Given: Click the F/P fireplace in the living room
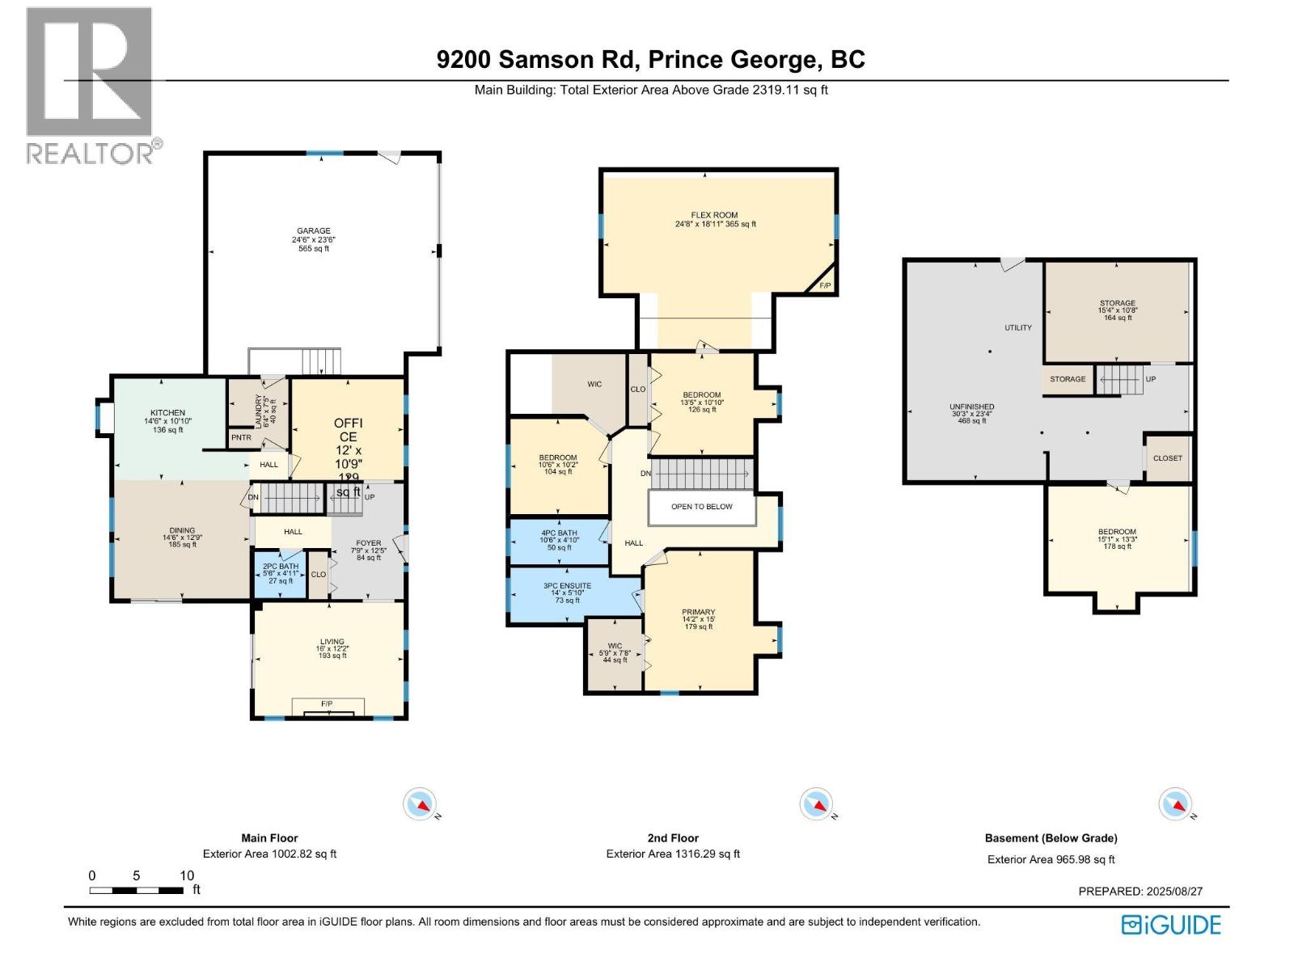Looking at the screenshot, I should [327, 705].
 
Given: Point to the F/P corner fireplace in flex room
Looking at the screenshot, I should [824, 286].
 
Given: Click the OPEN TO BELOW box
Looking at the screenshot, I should [701, 507].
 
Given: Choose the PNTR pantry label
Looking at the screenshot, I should [241, 437].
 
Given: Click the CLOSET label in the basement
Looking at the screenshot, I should [1167, 458].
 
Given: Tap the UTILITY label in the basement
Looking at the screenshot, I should [1018, 327].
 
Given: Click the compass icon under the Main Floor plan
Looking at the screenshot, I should [421, 804].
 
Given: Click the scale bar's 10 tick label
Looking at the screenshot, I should [187, 875].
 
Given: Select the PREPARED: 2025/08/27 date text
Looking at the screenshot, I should [1140, 891].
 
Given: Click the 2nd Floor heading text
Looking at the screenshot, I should [673, 838].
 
